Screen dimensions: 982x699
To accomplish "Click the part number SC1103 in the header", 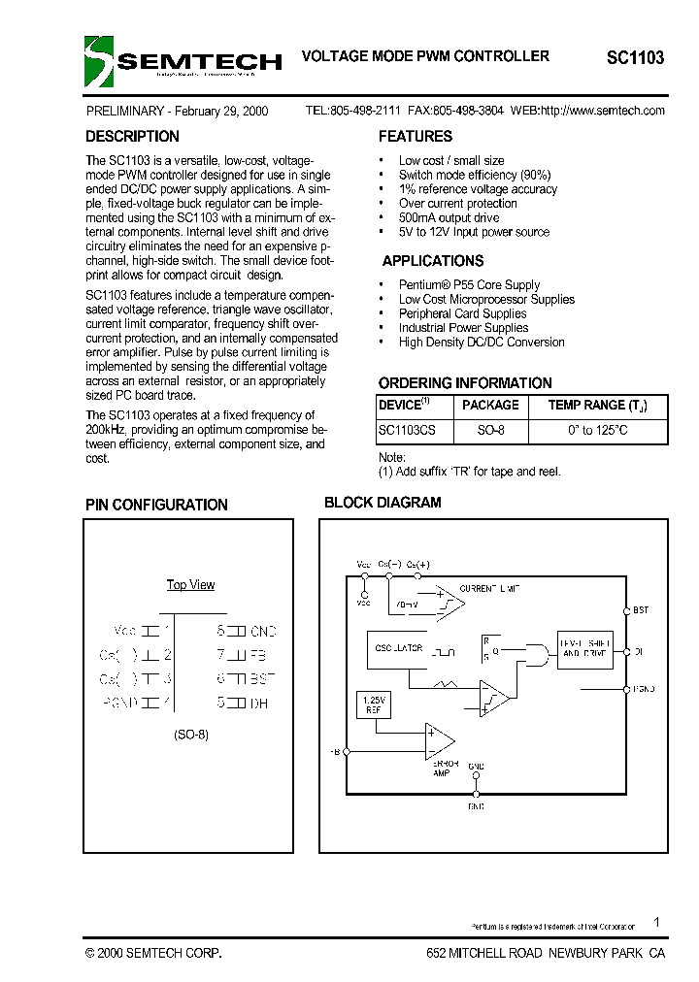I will pyautogui.click(x=635, y=58).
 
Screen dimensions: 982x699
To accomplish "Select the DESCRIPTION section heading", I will pyautogui.click(x=132, y=137).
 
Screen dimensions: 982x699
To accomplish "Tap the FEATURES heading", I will pyautogui.click(x=416, y=137).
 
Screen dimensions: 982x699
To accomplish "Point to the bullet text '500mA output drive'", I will pyautogui.click(x=449, y=218).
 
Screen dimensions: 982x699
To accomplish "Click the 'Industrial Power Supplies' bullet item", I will pyautogui.click(x=463, y=328).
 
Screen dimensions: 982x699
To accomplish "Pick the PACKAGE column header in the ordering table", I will pyautogui.click(x=490, y=406).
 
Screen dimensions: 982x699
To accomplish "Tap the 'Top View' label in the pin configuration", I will pyautogui.click(x=190, y=585).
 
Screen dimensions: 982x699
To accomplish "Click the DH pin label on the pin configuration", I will pyautogui.click(x=258, y=703).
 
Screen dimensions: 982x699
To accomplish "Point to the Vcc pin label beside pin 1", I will pyautogui.click(x=125, y=630).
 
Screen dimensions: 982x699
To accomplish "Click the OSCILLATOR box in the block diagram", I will pyautogui.click(x=397, y=649).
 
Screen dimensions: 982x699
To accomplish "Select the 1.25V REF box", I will pyautogui.click(x=374, y=704).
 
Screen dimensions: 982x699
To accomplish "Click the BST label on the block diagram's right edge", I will pyautogui.click(x=641, y=610).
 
